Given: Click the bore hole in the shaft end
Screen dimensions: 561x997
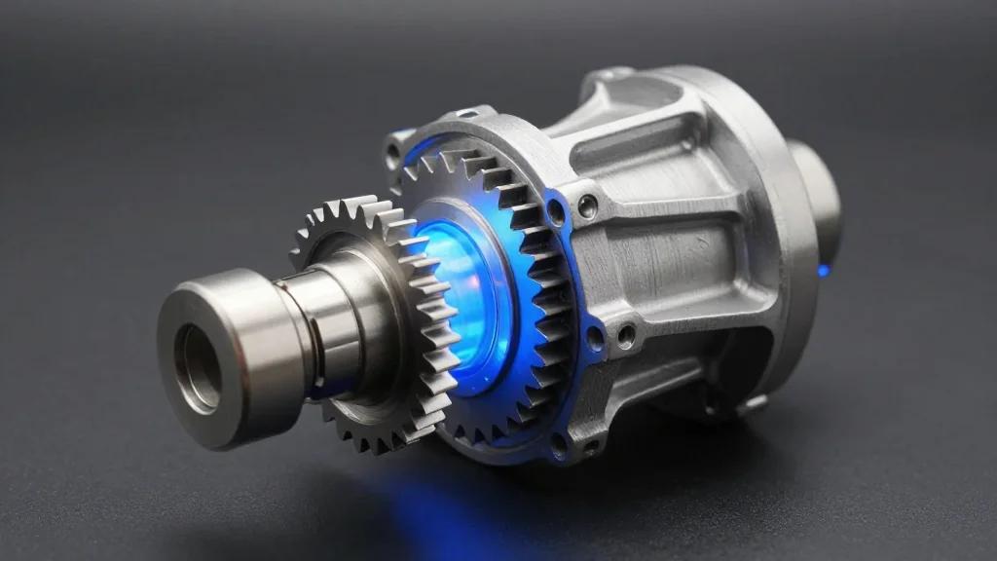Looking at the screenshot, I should click(199, 367).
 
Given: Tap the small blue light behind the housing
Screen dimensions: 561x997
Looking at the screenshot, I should click(823, 270).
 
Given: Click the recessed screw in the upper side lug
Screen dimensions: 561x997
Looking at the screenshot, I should click(587, 206).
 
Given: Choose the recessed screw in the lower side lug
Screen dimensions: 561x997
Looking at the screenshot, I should click(624, 335).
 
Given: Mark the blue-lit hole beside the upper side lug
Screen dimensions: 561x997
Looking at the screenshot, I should click(555, 209).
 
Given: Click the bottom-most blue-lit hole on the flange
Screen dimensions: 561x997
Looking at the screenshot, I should click(559, 443).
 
